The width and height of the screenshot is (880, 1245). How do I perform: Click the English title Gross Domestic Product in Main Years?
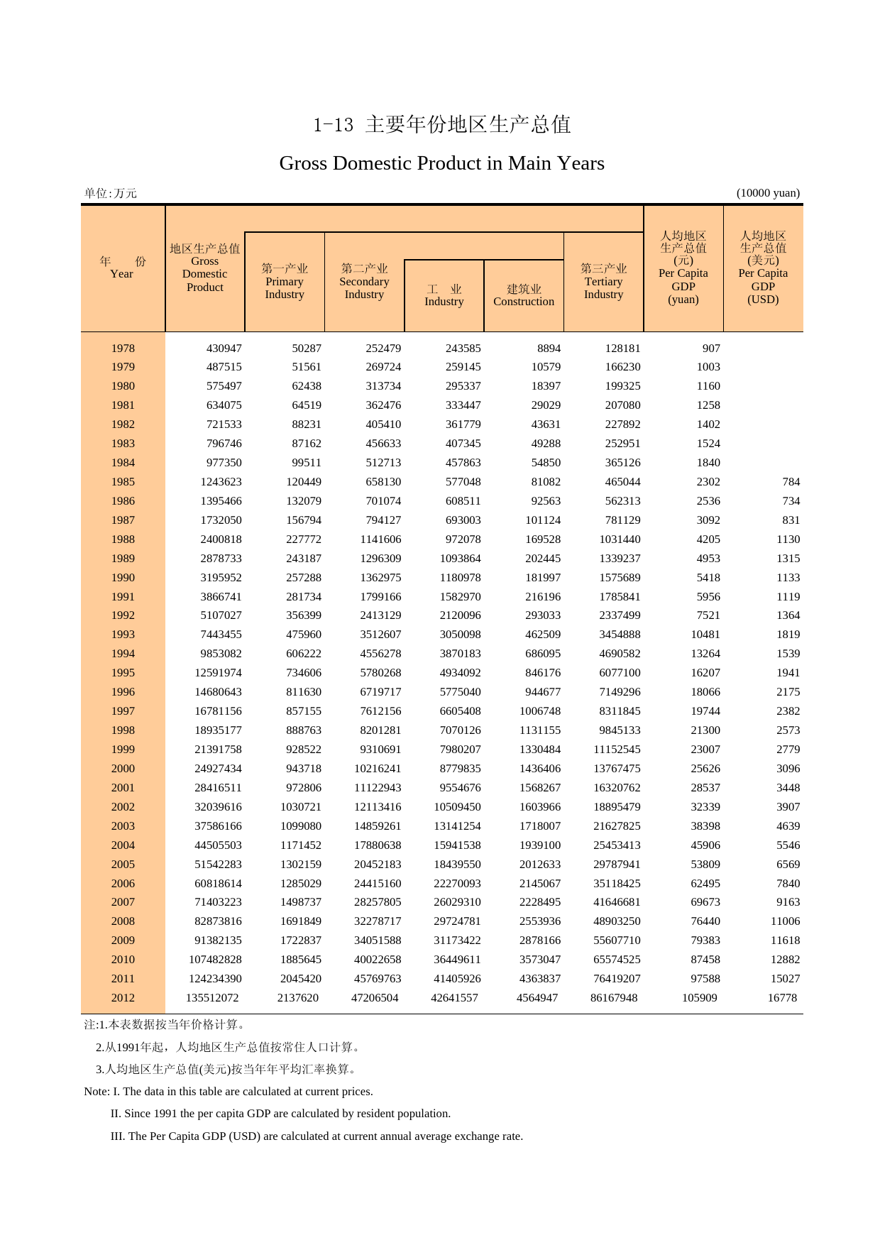click(441, 163)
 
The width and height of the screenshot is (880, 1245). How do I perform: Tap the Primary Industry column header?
click(285, 281)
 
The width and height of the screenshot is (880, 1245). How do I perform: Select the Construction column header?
click(524, 295)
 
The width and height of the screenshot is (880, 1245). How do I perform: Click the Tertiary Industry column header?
click(603, 281)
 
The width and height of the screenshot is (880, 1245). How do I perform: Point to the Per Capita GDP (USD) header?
click(763, 267)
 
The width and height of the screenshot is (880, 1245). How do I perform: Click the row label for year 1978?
click(123, 348)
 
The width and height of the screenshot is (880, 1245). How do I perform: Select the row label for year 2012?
click(123, 997)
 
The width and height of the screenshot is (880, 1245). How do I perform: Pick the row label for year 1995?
click(123, 672)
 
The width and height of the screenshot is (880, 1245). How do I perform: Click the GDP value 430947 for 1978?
click(224, 348)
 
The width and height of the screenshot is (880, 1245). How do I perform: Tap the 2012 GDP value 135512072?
click(212, 997)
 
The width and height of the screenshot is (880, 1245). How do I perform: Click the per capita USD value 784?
click(791, 481)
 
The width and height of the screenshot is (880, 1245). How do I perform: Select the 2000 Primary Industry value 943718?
click(304, 768)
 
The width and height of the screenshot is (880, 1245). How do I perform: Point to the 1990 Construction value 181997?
click(543, 577)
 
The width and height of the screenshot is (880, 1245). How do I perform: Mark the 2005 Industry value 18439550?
click(457, 864)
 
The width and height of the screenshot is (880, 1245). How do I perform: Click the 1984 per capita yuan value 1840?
click(708, 462)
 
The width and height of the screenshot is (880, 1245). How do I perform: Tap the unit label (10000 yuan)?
click(768, 193)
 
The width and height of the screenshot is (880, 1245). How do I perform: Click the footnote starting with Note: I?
click(229, 1091)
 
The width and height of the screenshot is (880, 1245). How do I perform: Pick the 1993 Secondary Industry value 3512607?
click(380, 634)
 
